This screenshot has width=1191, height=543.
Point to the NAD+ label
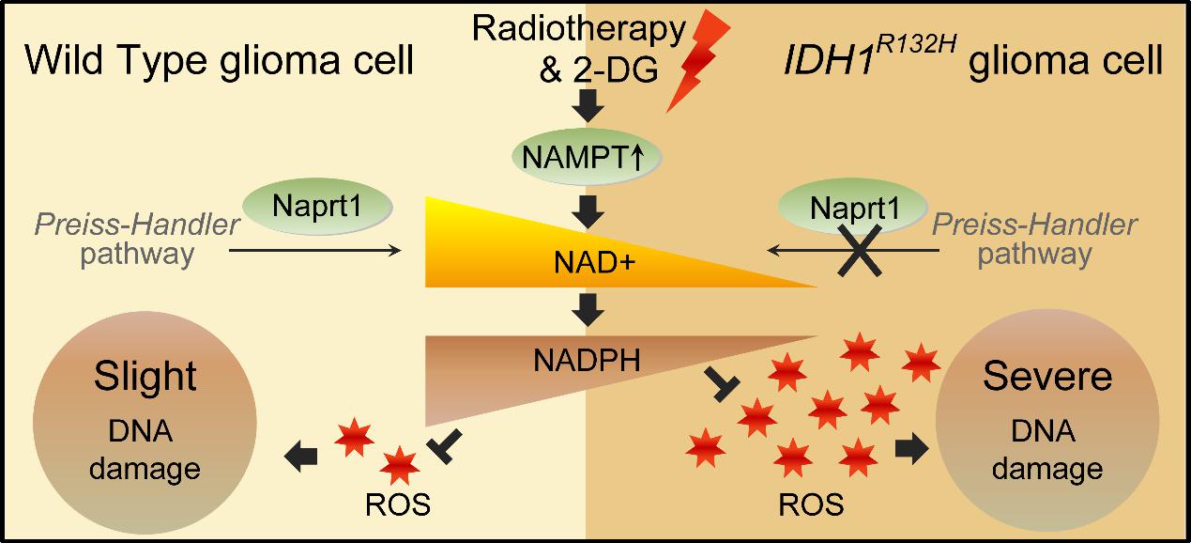click(x=588, y=266)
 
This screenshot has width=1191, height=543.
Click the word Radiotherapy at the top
click(x=579, y=29)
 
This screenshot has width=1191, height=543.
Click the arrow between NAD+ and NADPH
click(x=588, y=306)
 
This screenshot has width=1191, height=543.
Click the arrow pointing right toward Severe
click(x=906, y=449)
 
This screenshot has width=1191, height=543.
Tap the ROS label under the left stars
click(x=397, y=504)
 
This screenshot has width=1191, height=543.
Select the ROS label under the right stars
click(x=811, y=504)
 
